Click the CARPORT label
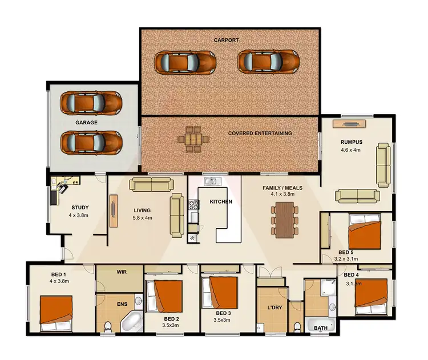[226, 41]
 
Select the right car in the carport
[268, 61]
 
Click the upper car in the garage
[91, 102]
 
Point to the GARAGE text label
[87, 122]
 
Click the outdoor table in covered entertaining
[193, 138]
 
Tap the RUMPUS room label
[351, 142]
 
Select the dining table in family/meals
[283, 219]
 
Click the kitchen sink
[212, 181]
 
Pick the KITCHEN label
[221, 202]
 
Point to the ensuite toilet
[108, 327]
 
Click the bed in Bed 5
[366, 233]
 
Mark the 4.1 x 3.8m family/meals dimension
[282, 195]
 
